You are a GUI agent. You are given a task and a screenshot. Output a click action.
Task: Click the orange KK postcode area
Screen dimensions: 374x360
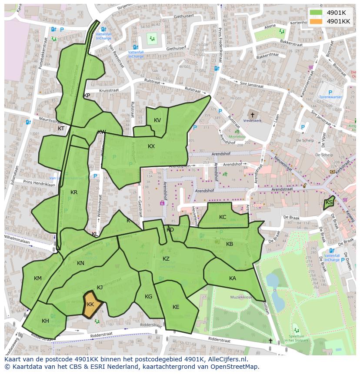91,304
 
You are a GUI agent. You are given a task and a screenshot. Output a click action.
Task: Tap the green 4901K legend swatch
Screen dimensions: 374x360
316,13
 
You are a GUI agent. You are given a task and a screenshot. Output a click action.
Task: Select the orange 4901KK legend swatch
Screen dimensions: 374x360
316,21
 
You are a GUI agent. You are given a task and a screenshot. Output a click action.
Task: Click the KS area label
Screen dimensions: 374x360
329,203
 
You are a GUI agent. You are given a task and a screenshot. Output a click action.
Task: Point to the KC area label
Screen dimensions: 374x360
223,217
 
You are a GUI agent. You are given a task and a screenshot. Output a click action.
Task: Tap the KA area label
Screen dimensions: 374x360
233,278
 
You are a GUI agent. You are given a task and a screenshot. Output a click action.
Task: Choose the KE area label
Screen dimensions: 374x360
176,307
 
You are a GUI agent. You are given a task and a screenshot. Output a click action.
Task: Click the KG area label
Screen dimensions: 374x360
148,297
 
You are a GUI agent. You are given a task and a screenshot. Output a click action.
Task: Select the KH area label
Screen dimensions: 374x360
45,321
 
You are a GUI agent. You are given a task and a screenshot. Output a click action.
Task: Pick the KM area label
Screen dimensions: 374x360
38,278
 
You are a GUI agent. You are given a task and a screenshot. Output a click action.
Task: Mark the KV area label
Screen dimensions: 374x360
157,120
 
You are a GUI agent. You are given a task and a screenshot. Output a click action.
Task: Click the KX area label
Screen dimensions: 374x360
151,146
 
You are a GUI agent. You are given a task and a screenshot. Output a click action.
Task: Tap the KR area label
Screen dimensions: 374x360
74,192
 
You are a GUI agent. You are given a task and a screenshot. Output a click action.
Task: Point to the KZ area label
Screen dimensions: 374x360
166,259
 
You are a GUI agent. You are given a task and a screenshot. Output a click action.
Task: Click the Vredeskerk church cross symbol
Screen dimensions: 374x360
252,115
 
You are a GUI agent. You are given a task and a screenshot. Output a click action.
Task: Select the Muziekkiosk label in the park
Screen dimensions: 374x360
241,298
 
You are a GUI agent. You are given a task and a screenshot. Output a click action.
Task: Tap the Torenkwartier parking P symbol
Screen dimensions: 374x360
330,93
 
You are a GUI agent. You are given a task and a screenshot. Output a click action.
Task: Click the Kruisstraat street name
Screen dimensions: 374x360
108,91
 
